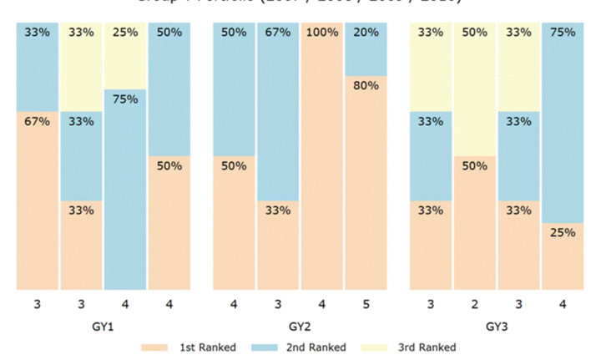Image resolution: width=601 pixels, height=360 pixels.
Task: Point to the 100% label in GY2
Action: [321, 33]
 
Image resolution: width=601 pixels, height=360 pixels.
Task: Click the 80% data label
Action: [366, 85]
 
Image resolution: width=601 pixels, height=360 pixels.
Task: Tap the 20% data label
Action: [366, 33]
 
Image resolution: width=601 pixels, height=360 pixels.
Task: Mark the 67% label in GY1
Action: [38, 121]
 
